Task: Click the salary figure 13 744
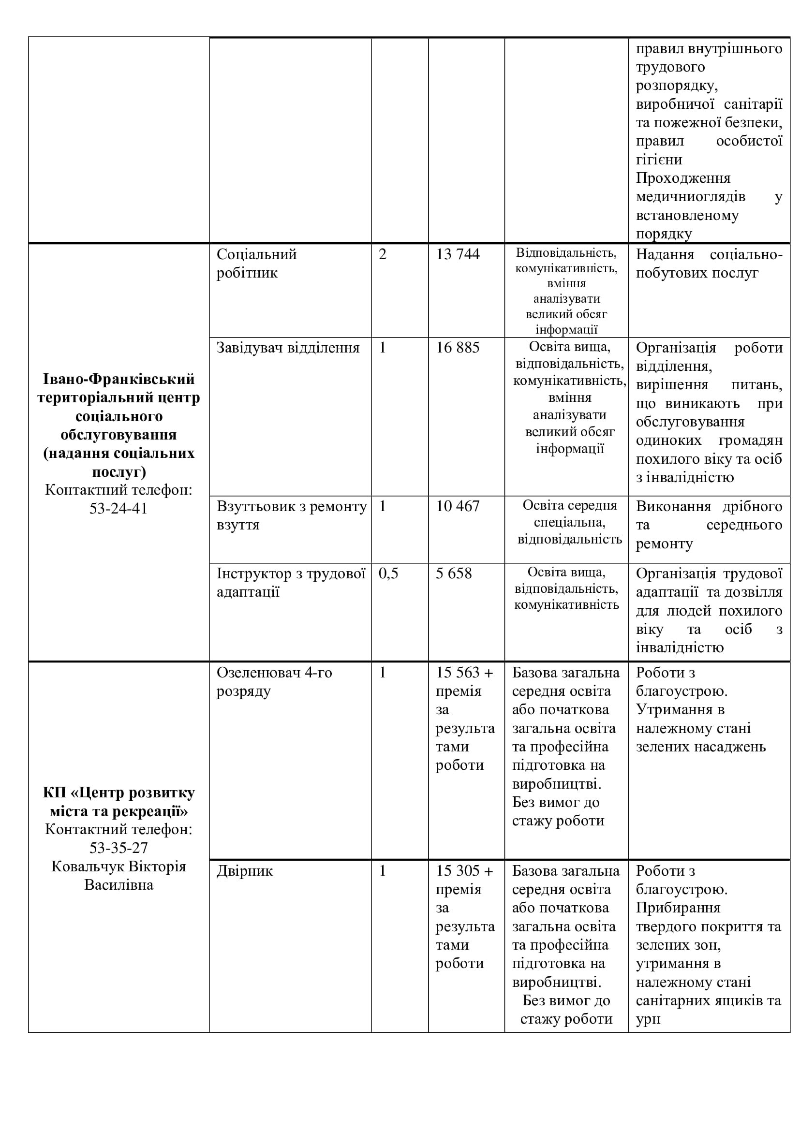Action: [x=457, y=254]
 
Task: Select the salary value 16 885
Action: [x=457, y=348]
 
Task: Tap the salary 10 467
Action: [x=457, y=506]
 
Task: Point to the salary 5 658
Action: [x=453, y=573]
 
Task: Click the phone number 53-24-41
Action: [x=118, y=508]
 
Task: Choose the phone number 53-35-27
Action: [x=118, y=848]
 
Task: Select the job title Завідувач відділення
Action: [x=288, y=348]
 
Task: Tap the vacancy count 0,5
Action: [x=388, y=573]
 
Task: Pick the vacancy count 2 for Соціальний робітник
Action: [x=382, y=254]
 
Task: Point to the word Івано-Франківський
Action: [x=119, y=379]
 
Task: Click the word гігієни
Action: [x=659, y=160]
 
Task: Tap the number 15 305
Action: [x=458, y=871]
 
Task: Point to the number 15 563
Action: [x=458, y=673]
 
